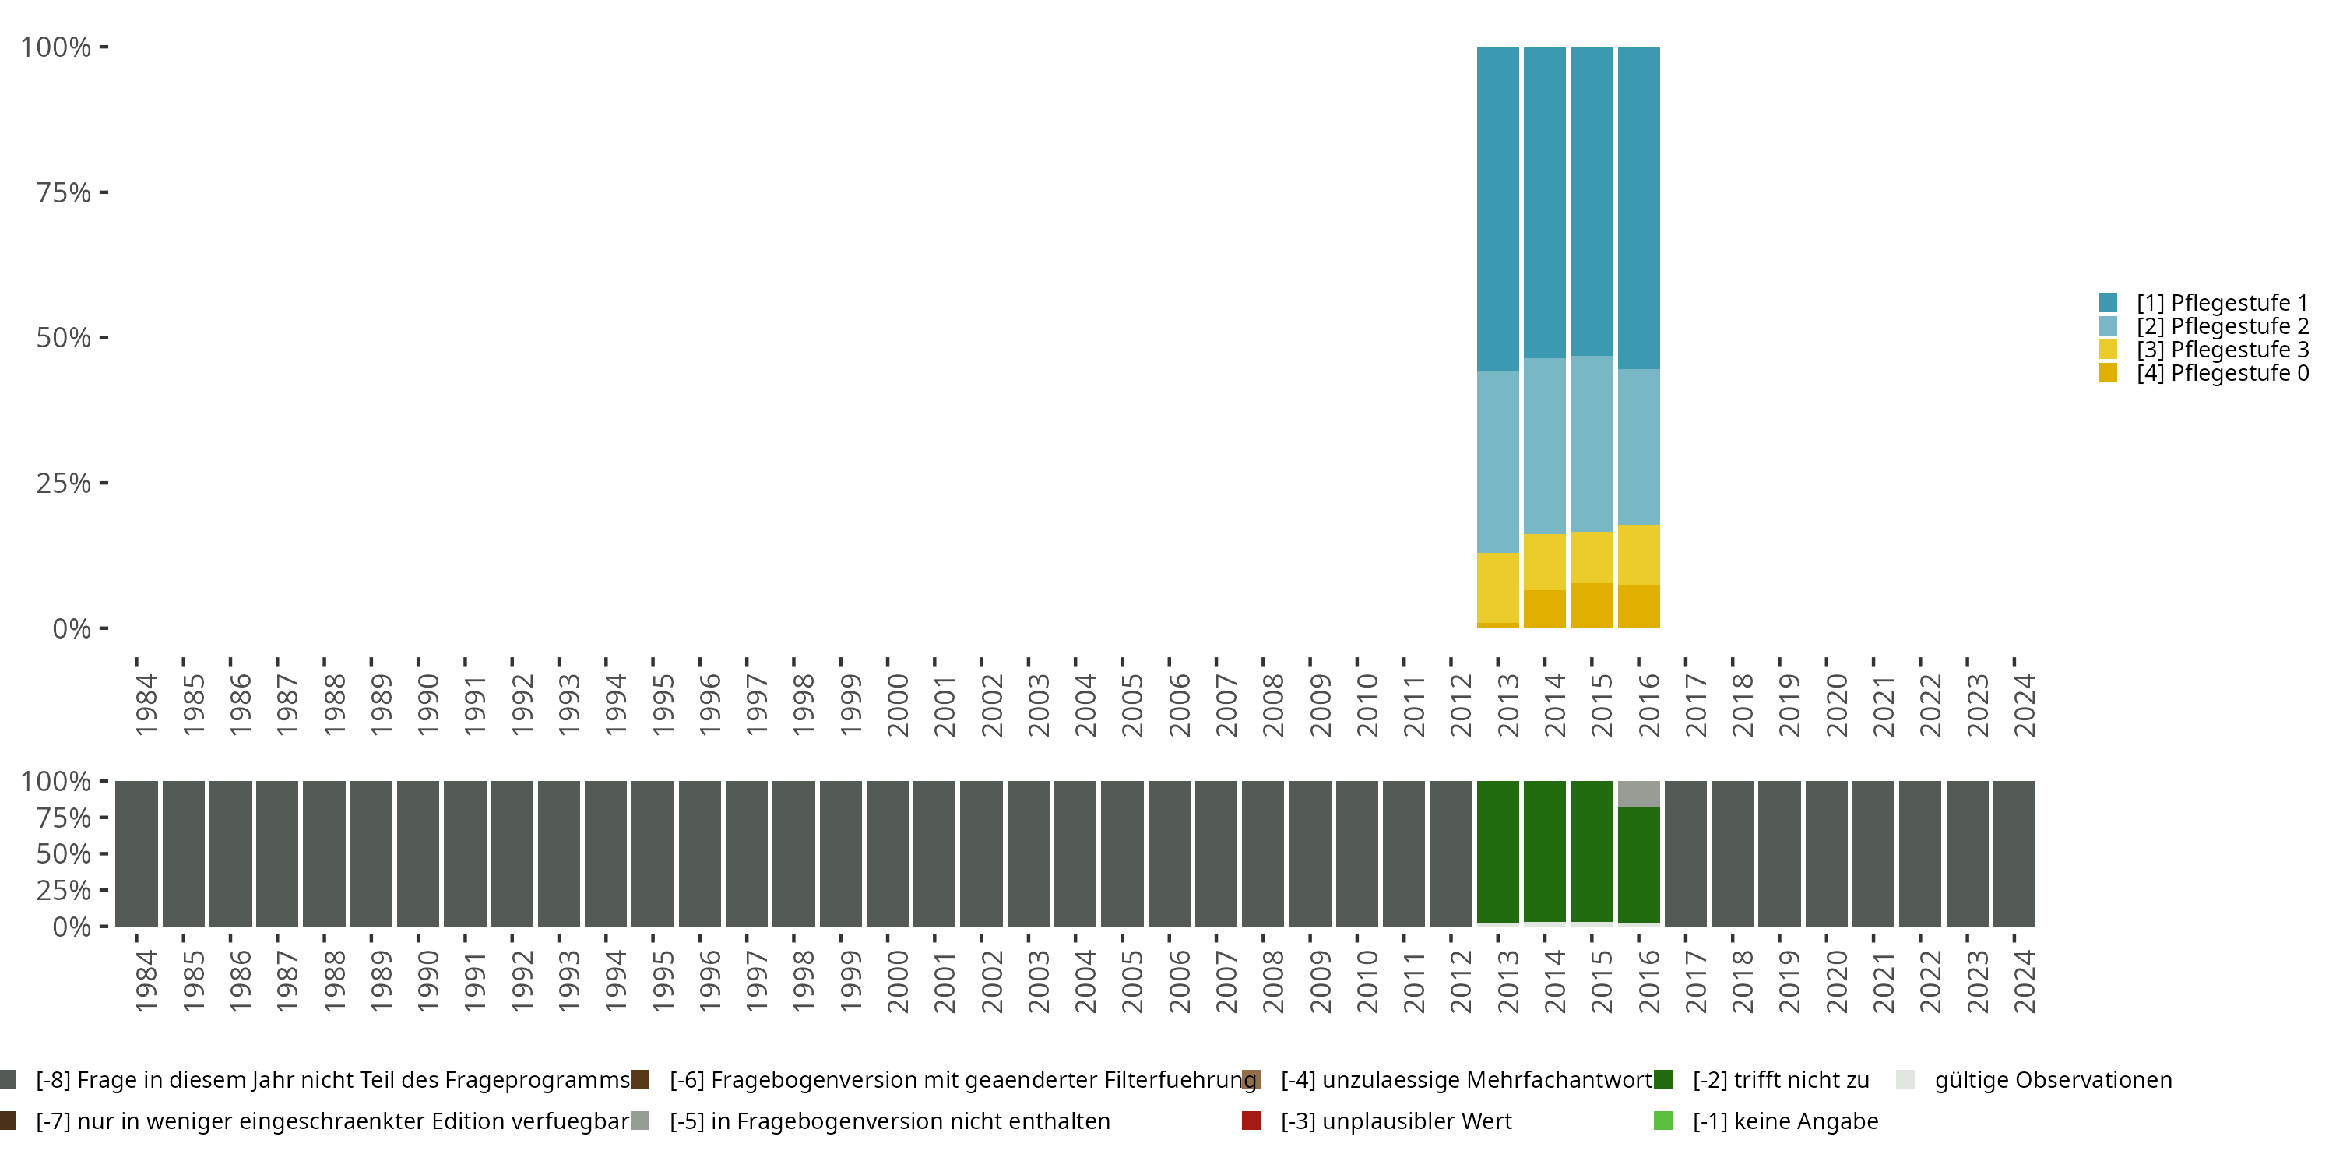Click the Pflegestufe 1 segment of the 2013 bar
(x=1497, y=209)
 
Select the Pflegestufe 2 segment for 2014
(x=1544, y=445)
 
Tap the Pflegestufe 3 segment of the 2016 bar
(x=1638, y=554)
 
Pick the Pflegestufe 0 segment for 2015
(x=1592, y=605)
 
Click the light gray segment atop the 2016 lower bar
(x=1638, y=793)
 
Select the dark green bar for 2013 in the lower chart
(x=1497, y=852)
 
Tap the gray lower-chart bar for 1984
(x=136, y=853)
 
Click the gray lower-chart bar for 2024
(x=2014, y=853)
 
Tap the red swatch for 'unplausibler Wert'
(x=1251, y=1121)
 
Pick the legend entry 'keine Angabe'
(x=1785, y=1121)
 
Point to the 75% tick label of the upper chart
(x=64, y=192)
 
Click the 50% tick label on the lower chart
(x=64, y=853)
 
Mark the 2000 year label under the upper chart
(x=897, y=705)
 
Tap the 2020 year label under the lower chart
(x=1836, y=981)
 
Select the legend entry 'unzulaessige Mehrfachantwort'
(x=1465, y=1080)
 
